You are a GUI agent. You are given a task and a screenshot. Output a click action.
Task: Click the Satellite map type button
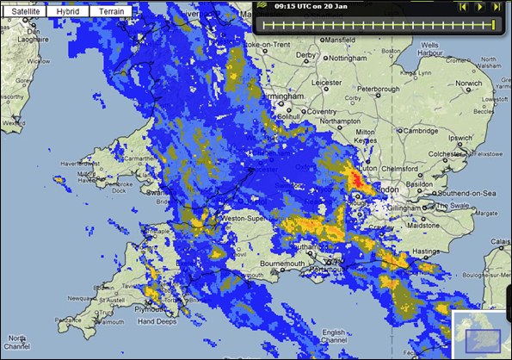click(23, 12)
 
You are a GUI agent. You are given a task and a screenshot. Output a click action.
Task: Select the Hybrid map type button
click(67, 12)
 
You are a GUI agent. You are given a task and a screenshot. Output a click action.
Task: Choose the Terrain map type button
click(111, 12)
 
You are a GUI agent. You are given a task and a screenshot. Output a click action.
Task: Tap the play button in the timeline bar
click(480, 7)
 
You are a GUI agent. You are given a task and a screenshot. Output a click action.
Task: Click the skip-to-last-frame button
click(497, 7)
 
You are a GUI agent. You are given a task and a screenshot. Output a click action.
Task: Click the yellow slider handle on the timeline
click(493, 25)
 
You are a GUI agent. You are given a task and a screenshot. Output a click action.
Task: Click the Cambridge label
click(422, 131)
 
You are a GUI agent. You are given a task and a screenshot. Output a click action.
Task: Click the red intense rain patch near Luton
click(355, 179)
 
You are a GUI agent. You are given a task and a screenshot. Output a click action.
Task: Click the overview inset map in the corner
click(482, 336)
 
